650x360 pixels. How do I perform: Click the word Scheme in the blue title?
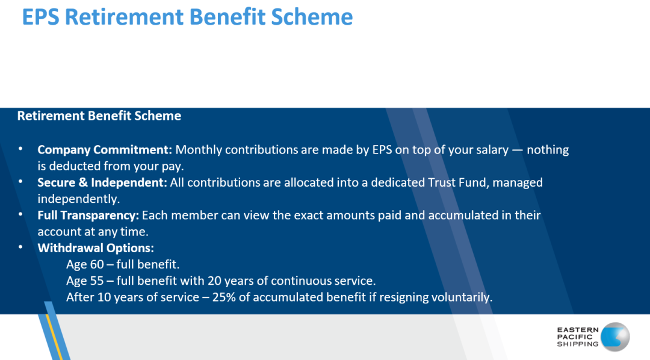(312, 17)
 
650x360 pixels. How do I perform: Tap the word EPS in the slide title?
(40, 17)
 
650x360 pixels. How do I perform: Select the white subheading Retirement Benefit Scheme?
(99, 116)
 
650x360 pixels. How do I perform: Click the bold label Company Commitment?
(105, 150)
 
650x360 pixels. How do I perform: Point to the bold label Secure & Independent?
(102, 182)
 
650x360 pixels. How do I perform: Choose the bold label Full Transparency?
(88, 216)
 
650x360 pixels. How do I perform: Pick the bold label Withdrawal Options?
(96, 248)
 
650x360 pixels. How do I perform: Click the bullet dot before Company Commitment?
(20, 149)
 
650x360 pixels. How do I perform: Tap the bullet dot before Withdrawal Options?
(20, 247)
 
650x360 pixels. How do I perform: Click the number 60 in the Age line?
(97, 264)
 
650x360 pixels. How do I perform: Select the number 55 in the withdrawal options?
(97, 281)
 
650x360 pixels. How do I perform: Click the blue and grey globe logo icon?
(615, 337)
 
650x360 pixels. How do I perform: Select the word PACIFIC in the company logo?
(575, 337)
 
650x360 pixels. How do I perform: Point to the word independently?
(78, 199)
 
